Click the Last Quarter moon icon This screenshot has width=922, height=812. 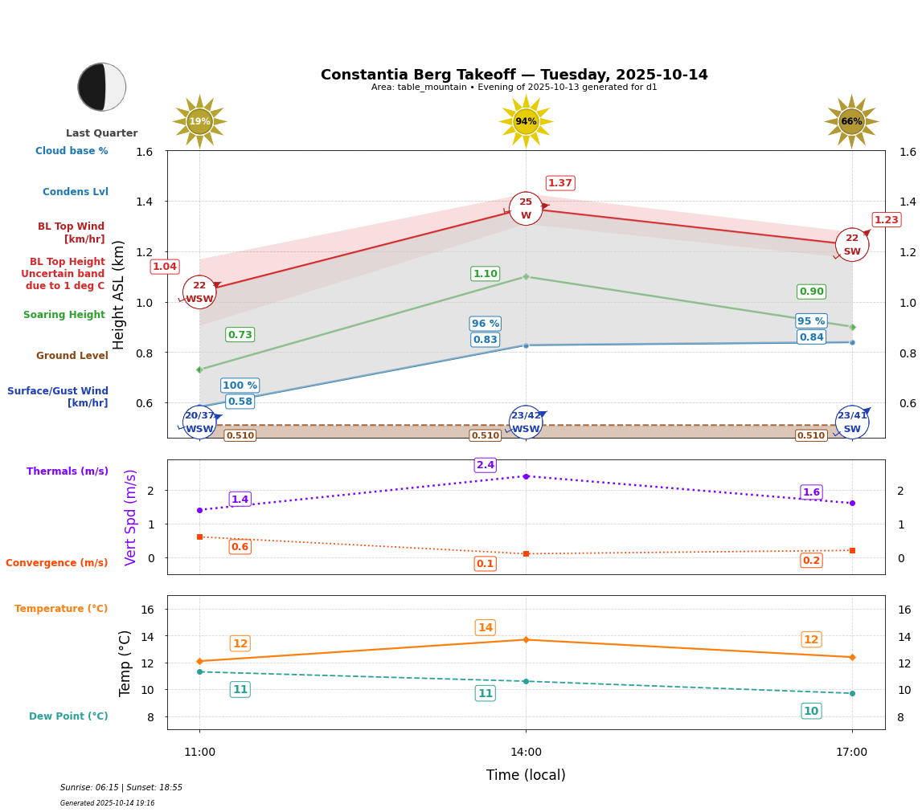(x=102, y=87)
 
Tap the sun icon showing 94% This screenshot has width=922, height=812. (x=526, y=122)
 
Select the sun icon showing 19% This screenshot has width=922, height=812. (x=199, y=122)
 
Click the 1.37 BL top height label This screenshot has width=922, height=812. (x=560, y=183)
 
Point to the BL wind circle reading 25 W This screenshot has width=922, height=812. (x=526, y=209)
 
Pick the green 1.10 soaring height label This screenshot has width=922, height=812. (x=485, y=274)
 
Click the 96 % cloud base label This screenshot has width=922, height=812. (x=485, y=324)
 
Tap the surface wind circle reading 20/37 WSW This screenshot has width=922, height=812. (x=199, y=422)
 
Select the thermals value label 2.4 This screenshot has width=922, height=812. (x=486, y=465)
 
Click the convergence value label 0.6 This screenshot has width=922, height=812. (x=240, y=547)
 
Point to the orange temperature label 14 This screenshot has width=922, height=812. (x=486, y=628)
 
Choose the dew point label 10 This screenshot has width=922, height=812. (x=811, y=711)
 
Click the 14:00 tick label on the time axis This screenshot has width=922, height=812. (x=526, y=753)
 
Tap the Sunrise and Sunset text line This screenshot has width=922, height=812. (x=121, y=788)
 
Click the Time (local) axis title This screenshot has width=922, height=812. (x=526, y=775)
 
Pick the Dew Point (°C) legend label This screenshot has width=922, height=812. (x=68, y=716)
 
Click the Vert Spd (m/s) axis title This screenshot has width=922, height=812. (x=131, y=517)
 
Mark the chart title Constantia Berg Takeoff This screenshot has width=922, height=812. (x=514, y=75)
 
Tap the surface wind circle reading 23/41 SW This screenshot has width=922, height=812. (x=852, y=422)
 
